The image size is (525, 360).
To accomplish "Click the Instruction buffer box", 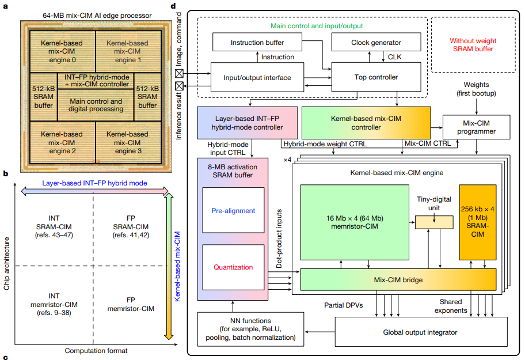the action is pyautogui.click(x=257, y=42).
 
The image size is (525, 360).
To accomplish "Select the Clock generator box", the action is pyautogui.click(x=376, y=42).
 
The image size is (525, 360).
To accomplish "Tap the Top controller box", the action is pyautogui.click(x=376, y=77).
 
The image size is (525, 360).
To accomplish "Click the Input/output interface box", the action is pyautogui.click(x=257, y=77).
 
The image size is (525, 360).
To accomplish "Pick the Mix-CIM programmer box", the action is pyautogui.click(x=477, y=127).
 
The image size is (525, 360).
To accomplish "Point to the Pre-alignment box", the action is pyautogui.click(x=233, y=210).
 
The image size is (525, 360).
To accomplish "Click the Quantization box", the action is pyautogui.click(x=233, y=267).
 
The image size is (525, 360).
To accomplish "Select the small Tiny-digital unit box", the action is pyautogui.click(x=434, y=222).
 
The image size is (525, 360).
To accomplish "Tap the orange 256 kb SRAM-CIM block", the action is pyautogui.click(x=478, y=222).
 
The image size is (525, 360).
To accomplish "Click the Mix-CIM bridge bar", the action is pyautogui.click(x=398, y=279).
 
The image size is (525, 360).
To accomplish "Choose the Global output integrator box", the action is pyautogui.click(x=421, y=332).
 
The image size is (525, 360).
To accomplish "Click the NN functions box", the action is pyautogui.click(x=251, y=329).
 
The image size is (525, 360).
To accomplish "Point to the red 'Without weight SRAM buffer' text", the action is pyautogui.click(x=473, y=45).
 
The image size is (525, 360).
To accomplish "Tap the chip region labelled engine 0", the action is pyautogui.click(x=63, y=52).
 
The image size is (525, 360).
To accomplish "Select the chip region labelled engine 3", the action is pyautogui.click(x=128, y=143).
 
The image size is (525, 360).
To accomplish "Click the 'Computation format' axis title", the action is pyautogui.click(x=96, y=351).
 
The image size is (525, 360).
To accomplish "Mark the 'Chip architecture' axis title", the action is pyautogui.click(x=7, y=264).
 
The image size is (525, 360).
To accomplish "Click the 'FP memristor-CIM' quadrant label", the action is pyautogui.click(x=131, y=304).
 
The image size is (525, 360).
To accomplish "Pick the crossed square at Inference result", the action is pyautogui.click(x=180, y=86).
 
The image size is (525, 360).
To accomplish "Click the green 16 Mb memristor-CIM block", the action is pyautogui.click(x=355, y=222).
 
